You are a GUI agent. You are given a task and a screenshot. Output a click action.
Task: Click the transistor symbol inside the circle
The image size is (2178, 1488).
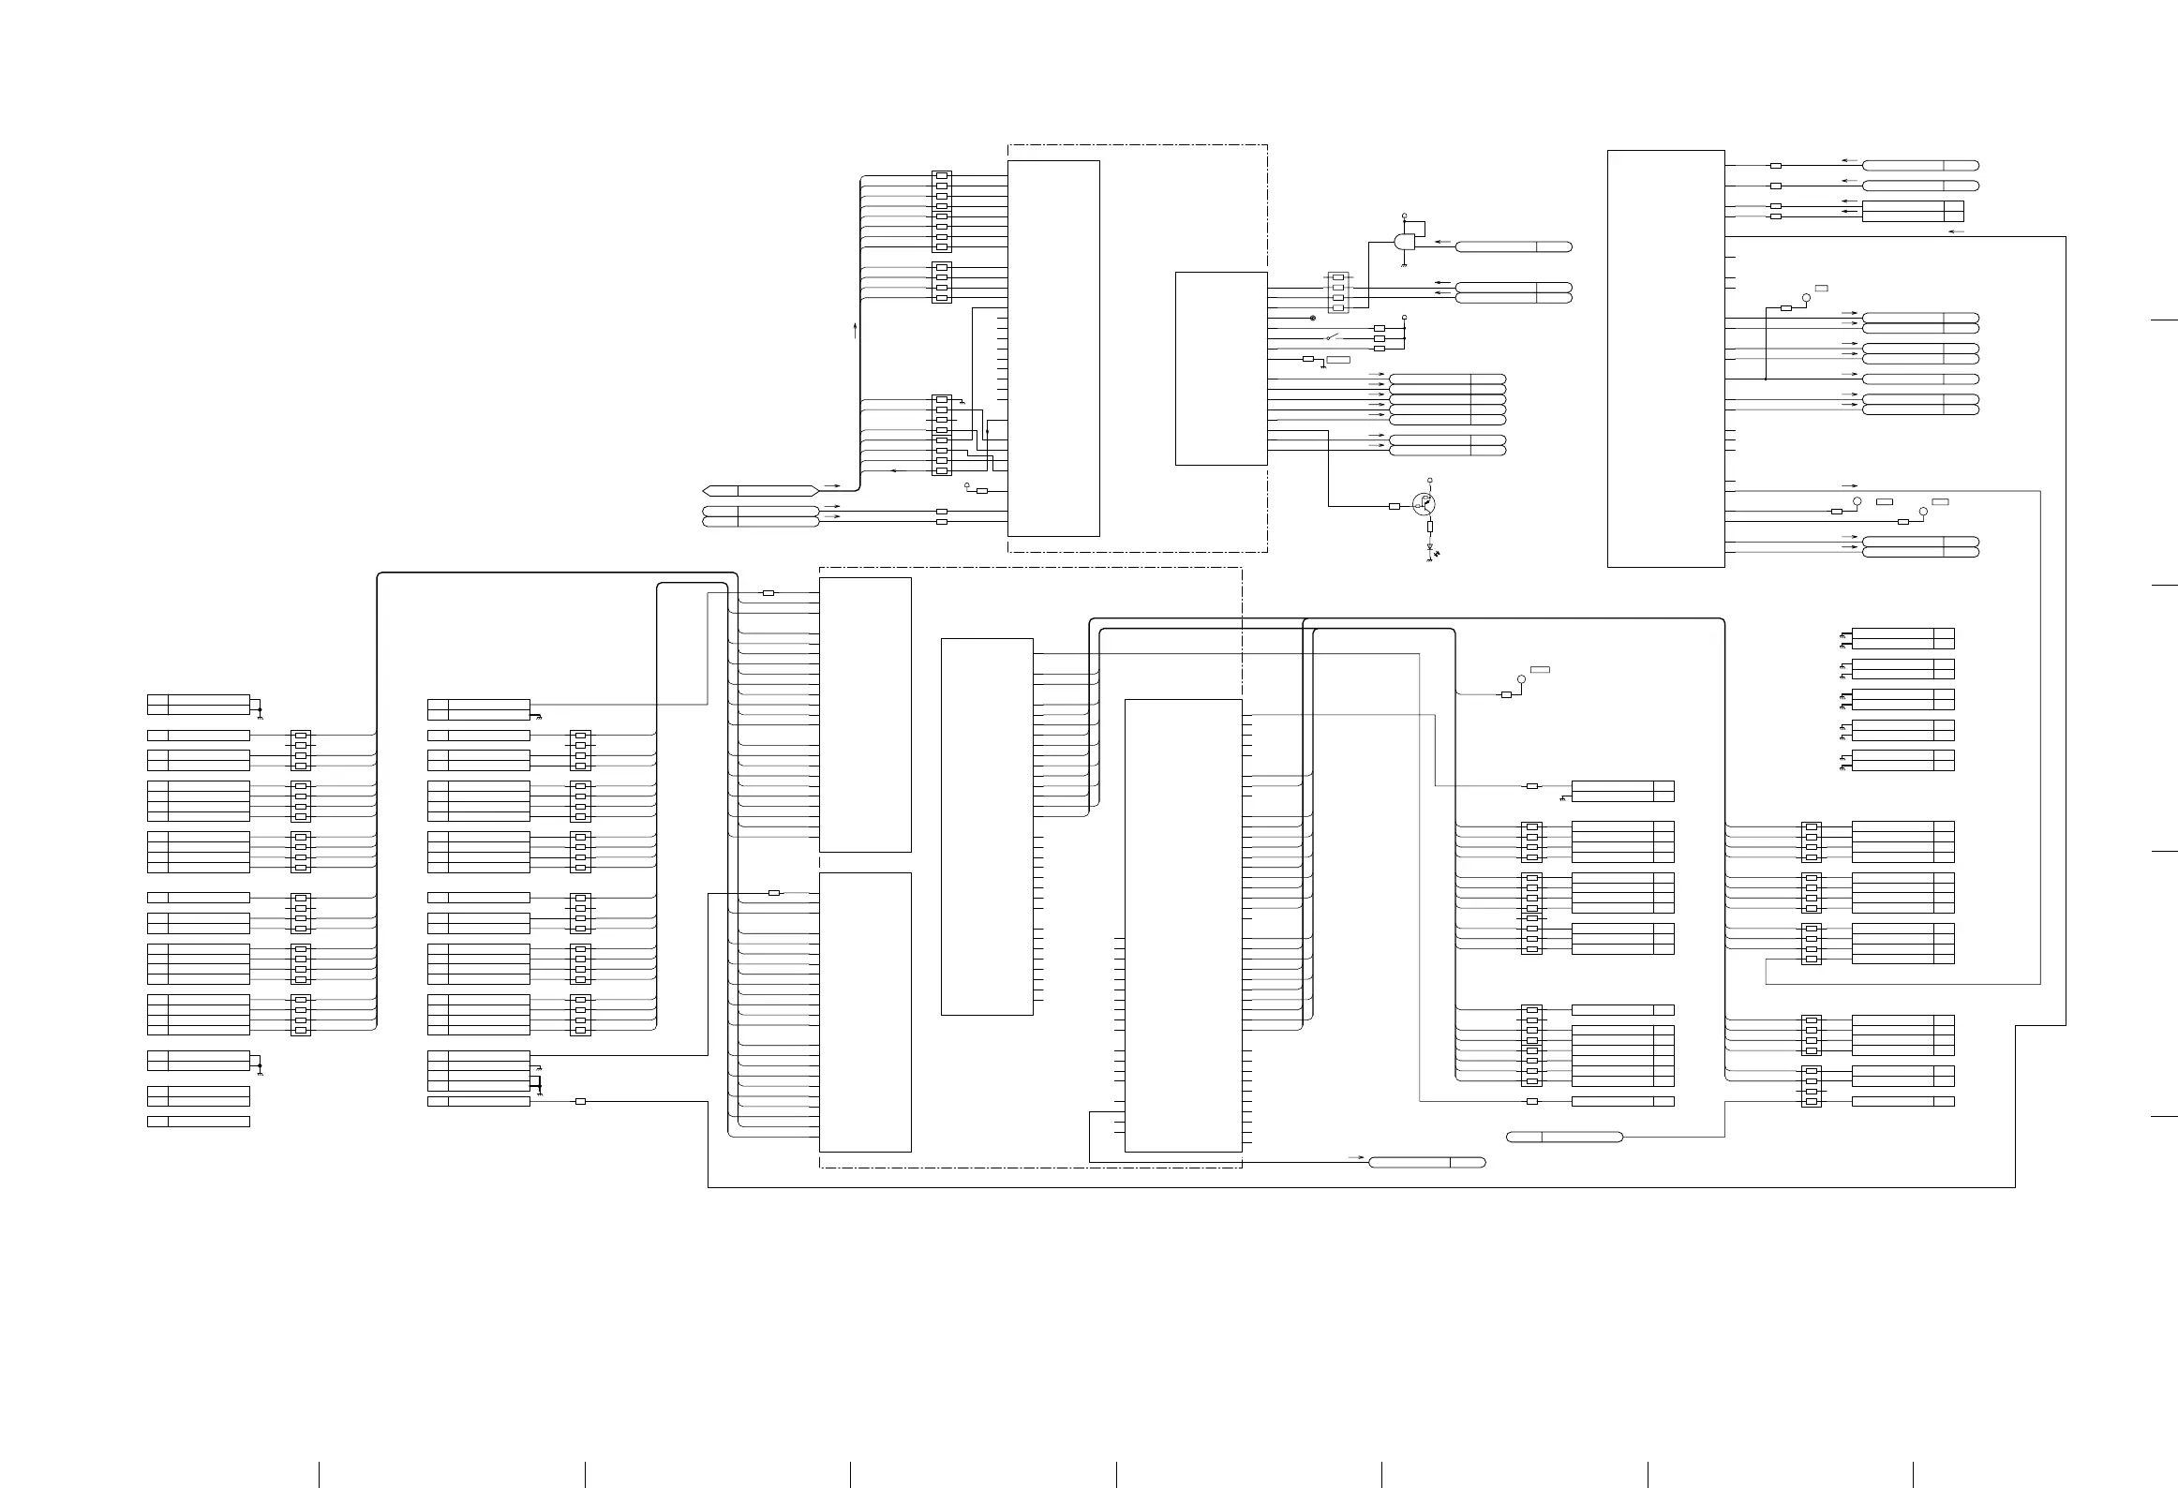1424,504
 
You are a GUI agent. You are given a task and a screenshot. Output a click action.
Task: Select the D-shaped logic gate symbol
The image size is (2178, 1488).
1405,242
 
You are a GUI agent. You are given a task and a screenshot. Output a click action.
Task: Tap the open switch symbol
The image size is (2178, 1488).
1334,338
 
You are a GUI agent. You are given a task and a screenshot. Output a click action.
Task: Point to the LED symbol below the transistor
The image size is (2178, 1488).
1430,548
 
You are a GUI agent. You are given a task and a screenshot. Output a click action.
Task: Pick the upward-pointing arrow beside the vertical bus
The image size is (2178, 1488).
855,329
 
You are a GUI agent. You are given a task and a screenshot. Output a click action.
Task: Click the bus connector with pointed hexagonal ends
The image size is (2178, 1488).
760,490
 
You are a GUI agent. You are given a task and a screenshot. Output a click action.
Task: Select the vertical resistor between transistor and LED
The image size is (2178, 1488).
1430,527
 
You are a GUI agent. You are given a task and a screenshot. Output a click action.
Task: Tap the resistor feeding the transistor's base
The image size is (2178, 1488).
1394,506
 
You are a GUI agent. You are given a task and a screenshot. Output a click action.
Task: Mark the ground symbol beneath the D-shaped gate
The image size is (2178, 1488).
1404,265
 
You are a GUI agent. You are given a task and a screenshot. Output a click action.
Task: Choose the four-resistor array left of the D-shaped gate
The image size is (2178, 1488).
1338,292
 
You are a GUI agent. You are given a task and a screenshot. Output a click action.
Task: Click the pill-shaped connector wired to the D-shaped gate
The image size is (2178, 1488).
1513,247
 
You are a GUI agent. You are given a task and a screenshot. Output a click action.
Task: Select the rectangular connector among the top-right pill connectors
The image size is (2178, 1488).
1912,211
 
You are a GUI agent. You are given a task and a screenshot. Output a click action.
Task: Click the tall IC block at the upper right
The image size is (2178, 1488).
1665,358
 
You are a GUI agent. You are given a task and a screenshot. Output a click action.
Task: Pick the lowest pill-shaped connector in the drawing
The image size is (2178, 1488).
1426,1163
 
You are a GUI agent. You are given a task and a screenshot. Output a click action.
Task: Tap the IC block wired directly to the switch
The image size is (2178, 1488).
1221,367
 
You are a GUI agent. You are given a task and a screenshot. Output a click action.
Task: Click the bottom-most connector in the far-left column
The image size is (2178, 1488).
199,1122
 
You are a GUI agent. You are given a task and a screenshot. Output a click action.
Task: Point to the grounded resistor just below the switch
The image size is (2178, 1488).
1308,359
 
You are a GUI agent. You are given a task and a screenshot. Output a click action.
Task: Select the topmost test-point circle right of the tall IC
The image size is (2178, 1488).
1807,296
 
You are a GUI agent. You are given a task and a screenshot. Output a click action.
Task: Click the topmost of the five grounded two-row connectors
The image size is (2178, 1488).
1902,638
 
